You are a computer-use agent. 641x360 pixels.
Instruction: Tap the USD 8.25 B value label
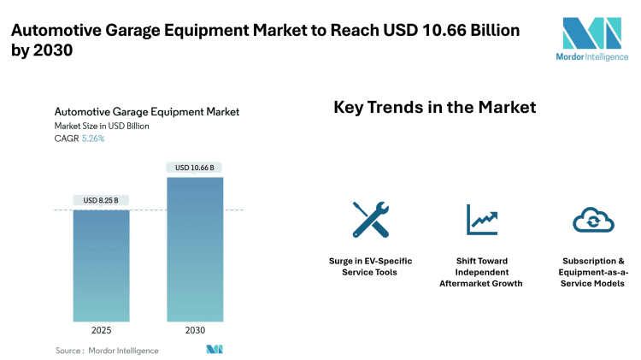[102, 200]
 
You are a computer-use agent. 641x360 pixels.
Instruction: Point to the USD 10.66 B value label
[194, 168]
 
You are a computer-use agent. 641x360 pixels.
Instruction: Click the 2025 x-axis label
[102, 328]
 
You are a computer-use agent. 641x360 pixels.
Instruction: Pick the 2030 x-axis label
[194, 328]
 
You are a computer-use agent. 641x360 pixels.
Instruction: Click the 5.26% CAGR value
[92, 139]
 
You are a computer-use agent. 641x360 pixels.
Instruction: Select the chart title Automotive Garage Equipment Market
[146, 111]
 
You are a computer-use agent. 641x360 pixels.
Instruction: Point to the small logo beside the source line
[215, 350]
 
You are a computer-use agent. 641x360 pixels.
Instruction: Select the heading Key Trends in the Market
[433, 108]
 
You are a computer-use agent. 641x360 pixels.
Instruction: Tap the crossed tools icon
[369, 219]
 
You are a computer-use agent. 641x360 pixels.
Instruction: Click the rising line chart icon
[481, 219]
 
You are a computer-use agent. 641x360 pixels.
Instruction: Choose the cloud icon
[593, 219]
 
